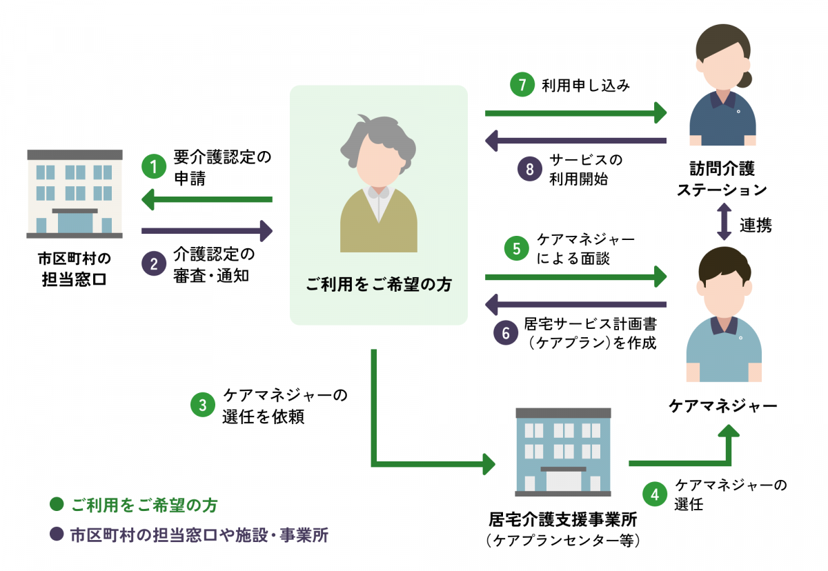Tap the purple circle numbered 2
[154, 263]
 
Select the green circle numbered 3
[202, 406]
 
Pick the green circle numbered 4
[654, 494]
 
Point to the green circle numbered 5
[516, 248]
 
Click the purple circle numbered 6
[506, 333]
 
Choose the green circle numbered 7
[522, 85]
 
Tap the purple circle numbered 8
[529, 170]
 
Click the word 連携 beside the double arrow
[756, 225]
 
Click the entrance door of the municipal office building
[75, 222]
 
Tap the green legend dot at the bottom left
[57, 505]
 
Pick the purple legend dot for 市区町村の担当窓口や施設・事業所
[57, 535]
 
